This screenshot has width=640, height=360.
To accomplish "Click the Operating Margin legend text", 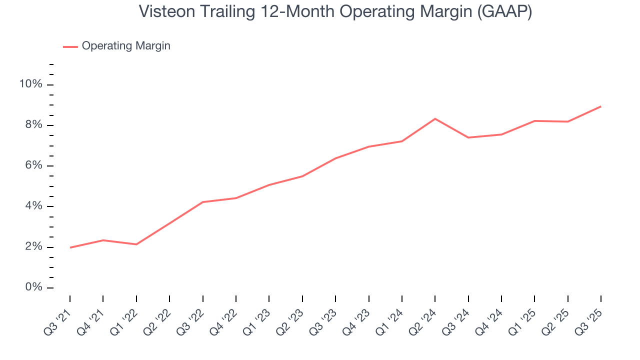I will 126,46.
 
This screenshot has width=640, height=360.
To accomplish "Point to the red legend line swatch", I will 70,46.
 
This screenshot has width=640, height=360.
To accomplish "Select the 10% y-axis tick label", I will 30,84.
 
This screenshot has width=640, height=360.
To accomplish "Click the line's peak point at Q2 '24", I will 435,118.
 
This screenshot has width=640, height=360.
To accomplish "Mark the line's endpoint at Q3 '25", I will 600,106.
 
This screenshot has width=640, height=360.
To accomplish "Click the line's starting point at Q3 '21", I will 70,247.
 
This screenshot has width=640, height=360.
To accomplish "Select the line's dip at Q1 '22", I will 136,244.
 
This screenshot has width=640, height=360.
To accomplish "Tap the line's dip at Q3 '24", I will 468,137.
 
